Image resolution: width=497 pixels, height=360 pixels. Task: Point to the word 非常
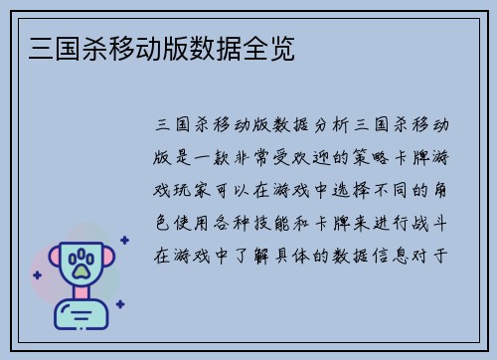(x=251, y=157)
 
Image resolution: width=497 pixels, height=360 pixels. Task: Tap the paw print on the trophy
(x=82, y=265)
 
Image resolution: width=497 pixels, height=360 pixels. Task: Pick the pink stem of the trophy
(x=82, y=297)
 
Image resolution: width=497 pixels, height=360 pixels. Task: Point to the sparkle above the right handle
(x=124, y=239)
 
